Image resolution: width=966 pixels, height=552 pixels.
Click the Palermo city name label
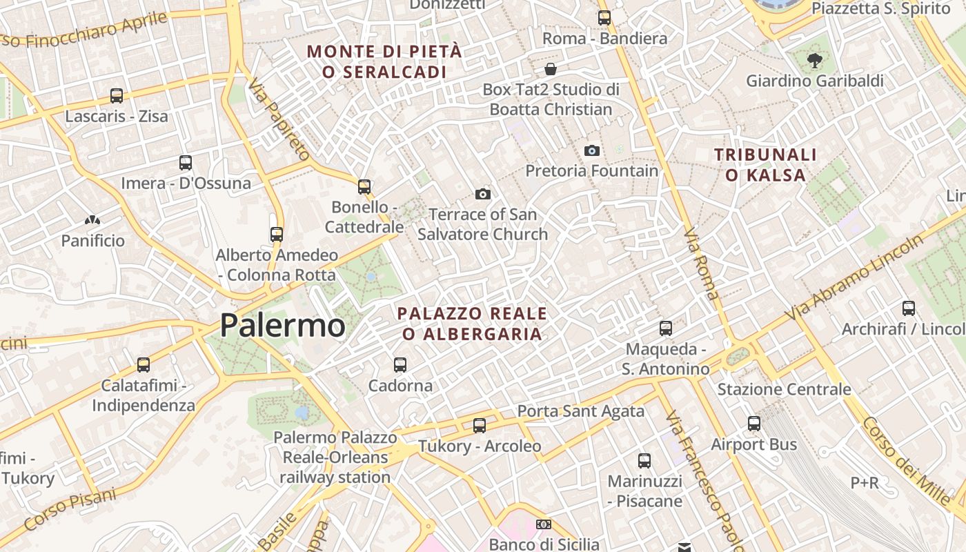[x=282, y=325]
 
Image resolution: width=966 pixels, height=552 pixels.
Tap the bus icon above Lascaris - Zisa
[x=117, y=96]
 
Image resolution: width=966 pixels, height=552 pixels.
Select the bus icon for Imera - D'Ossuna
[x=186, y=163]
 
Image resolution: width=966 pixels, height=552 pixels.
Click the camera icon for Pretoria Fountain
[x=591, y=150]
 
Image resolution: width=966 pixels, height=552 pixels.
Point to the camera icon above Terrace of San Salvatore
[x=483, y=195]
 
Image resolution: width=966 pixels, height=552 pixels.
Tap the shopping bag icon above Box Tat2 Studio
[x=551, y=69]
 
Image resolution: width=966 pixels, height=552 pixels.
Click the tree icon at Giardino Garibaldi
[x=815, y=60]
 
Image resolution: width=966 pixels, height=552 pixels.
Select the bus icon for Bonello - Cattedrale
[x=364, y=187]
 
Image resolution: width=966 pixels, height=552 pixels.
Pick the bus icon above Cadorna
[x=400, y=365]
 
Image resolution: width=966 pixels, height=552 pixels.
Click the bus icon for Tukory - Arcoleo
[x=480, y=426]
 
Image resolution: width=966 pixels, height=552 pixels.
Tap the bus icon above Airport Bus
[x=754, y=424]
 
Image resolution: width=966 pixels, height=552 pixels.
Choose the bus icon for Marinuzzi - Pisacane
[x=644, y=461]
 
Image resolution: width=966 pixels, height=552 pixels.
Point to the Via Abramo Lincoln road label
[x=856, y=277]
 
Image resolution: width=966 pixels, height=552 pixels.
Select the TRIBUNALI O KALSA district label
[x=765, y=165]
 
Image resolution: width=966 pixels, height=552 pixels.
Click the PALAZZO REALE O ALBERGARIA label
[x=472, y=324]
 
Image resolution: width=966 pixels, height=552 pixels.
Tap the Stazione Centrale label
[x=784, y=389]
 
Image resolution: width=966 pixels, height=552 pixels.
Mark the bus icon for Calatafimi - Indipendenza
[x=144, y=365]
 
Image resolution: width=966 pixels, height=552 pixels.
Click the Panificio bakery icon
[x=92, y=221]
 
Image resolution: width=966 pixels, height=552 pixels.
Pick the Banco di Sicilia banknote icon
[x=544, y=524]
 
